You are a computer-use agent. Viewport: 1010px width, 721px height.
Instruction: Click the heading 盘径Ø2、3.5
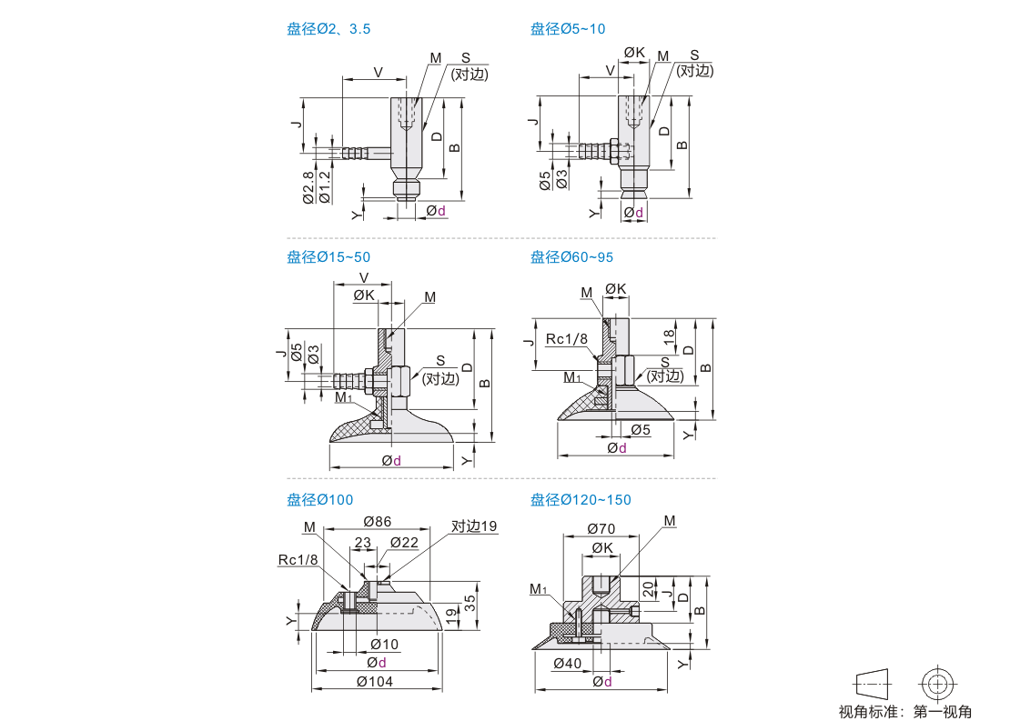[x=328, y=29]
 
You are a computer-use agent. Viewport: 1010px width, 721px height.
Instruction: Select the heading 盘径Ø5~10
[x=568, y=29]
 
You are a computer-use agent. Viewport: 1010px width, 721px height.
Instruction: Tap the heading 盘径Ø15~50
[x=328, y=257]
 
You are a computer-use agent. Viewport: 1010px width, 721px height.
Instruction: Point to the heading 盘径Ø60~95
[x=571, y=257]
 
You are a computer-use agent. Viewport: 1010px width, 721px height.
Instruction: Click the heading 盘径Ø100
[x=320, y=499]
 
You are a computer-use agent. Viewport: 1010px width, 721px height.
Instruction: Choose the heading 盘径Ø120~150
[x=581, y=499]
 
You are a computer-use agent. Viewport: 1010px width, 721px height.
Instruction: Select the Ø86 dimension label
[x=377, y=521]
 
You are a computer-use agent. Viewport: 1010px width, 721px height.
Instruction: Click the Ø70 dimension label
[x=601, y=527]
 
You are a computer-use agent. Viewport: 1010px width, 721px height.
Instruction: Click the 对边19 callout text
[x=474, y=526]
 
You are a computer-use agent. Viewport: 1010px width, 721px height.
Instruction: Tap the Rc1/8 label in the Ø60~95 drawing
[x=567, y=339]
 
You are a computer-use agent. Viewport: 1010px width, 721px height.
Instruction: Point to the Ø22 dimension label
[x=404, y=543]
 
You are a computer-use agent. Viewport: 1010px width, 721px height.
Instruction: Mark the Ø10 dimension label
[x=384, y=644]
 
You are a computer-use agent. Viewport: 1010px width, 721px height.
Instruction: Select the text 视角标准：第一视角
[x=905, y=711]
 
